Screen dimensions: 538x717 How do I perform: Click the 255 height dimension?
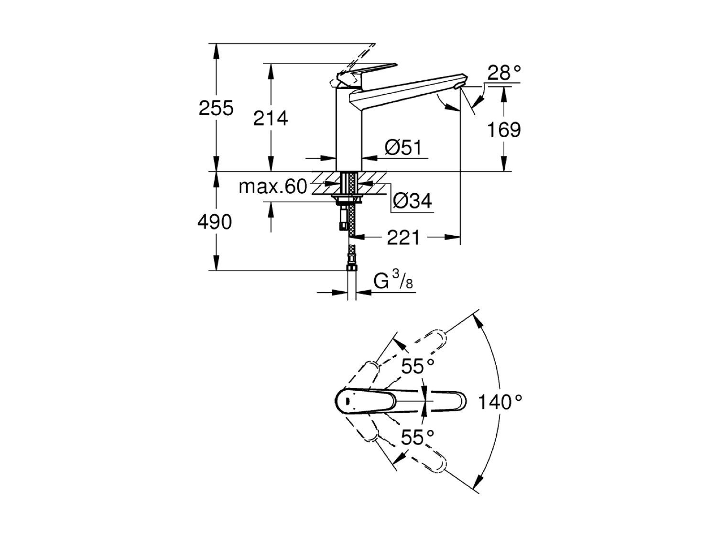[x=216, y=109]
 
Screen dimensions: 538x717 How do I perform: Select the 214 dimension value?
[x=271, y=118]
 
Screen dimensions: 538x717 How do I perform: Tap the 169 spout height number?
[x=504, y=130]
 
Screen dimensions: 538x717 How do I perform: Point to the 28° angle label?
[x=504, y=73]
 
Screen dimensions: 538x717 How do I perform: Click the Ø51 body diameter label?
[x=403, y=148]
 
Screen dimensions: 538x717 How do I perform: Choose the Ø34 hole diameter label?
[x=413, y=201]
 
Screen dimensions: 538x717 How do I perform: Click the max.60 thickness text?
[x=273, y=187]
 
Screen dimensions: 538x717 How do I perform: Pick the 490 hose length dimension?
[x=215, y=222]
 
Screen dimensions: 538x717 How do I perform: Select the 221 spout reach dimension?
[x=403, y=237]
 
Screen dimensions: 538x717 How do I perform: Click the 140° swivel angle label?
[x=500, y=403]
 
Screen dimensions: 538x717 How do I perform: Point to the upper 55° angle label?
[x=417, y=367]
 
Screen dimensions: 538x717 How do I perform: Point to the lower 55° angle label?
[x=417, y=437]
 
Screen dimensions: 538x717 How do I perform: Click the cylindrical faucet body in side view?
[x=349, y=129]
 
